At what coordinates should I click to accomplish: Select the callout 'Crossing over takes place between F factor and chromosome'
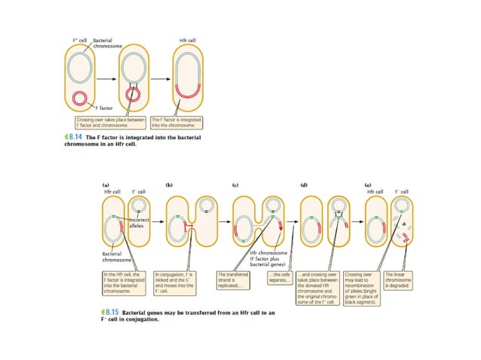click(111, 121)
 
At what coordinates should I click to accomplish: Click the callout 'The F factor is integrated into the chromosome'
click(180, 121)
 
